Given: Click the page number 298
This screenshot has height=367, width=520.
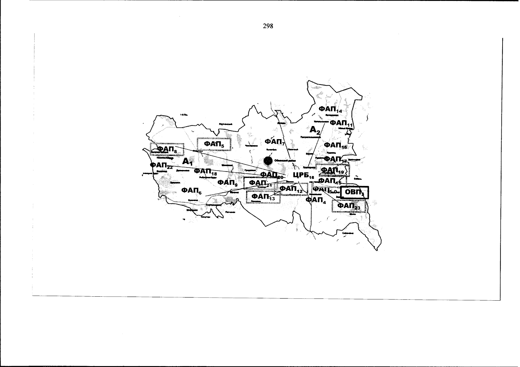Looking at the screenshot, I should coord(268,26).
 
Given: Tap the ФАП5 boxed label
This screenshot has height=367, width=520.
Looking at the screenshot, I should coord(214,144).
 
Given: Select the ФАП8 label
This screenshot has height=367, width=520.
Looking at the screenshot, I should coord(167,149).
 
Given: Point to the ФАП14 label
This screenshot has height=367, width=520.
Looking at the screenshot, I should coord(330,109).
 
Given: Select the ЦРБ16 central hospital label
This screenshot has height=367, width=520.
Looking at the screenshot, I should coord(303,175).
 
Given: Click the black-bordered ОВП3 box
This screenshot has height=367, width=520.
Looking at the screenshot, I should coord(355,193).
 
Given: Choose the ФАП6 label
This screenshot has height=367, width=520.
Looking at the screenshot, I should coord(191,191).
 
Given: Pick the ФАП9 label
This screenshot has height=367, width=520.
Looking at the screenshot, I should coord(227,183).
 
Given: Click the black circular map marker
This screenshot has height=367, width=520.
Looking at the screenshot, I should coord(268,161).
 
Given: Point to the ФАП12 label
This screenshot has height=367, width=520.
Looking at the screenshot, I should coord(291,189).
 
